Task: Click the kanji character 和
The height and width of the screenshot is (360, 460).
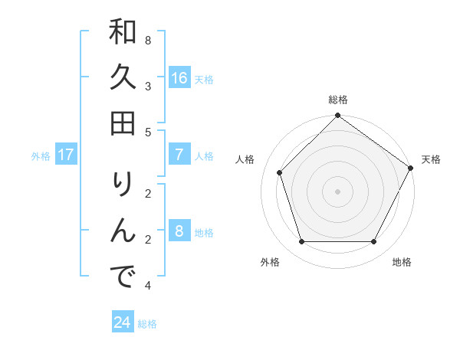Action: click(x=123, y=33)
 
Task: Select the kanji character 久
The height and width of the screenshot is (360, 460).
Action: click(x=123, y=77)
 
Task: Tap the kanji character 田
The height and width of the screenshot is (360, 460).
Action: click(x=123, y=122)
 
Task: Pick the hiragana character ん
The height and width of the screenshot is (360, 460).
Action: click(x=123, y=230)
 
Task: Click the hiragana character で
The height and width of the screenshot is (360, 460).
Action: click(x=123, y=275)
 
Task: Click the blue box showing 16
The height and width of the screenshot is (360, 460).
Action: click(x=179, y=78)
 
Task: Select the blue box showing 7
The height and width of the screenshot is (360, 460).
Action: click(x=179, y=155)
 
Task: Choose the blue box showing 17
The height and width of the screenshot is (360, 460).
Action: click(x=66, y=155)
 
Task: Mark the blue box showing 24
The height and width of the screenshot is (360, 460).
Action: click(x=122, y=322)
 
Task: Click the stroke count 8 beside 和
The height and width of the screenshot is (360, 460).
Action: click(x=147, y=40)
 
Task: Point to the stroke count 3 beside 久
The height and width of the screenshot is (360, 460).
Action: click(x=147, y=86)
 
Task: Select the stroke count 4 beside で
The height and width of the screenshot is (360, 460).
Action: click(x=147, y=286)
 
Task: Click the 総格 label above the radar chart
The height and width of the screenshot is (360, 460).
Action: click(x=337, y=100)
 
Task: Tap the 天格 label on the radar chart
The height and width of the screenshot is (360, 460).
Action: click(x=431, y=159)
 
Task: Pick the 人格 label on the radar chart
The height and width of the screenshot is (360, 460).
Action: click(x=245, y=159)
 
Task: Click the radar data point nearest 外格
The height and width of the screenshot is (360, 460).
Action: click(x=302, y=242)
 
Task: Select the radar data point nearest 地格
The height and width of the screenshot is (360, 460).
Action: click(x=373, y=242)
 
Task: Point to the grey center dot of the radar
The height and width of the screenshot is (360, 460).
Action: click(x=337, y=191)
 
